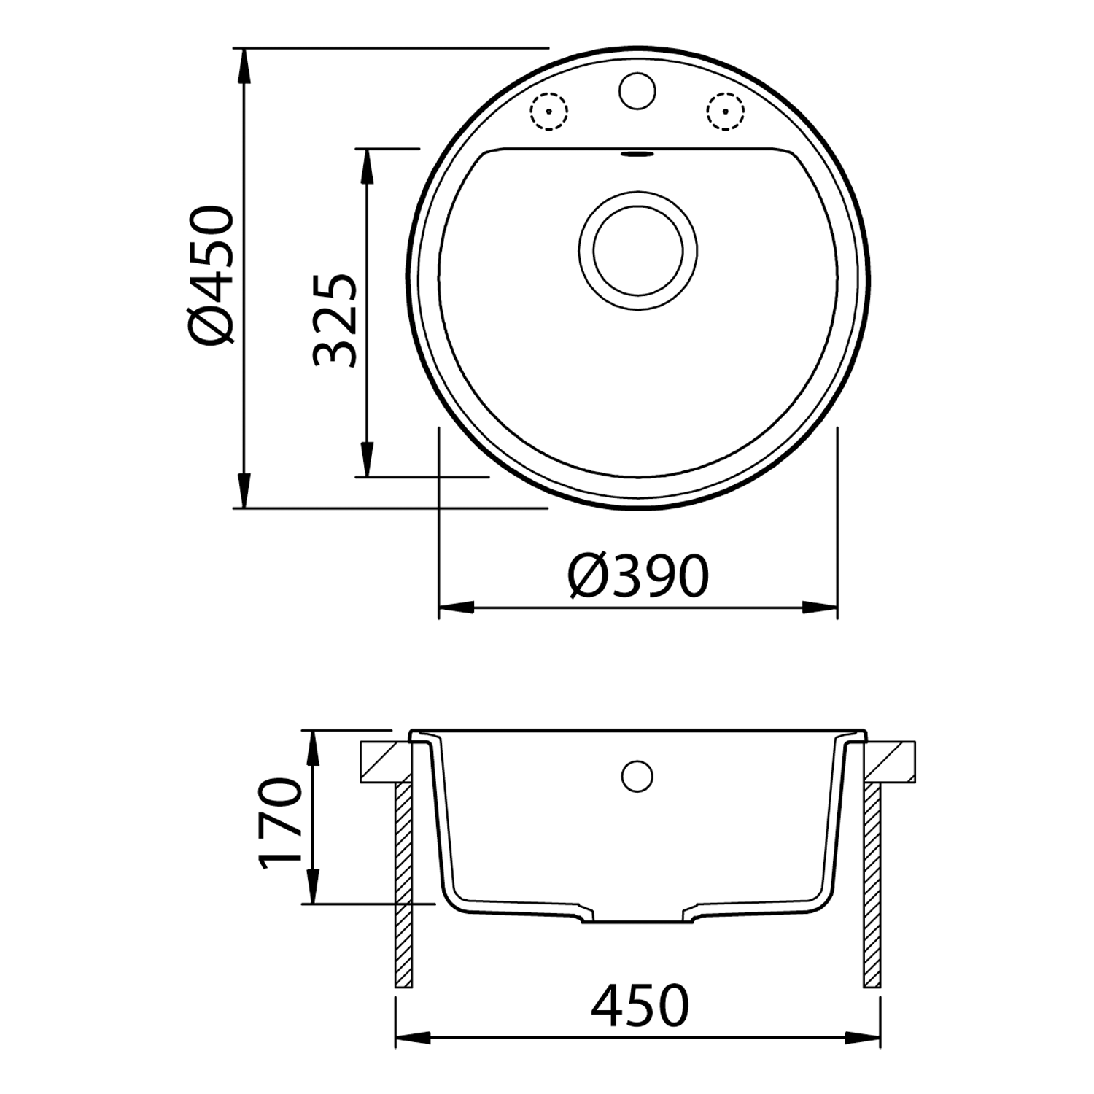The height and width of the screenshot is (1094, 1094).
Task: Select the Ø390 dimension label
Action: (x=638, y=576)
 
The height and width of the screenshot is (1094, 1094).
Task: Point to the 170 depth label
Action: (x=281, y=823)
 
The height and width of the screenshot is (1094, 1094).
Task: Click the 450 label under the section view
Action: (x=640, y=1006)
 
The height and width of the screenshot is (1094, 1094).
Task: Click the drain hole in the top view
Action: (x=638, y=249)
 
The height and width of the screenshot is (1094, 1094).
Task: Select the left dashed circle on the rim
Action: (x=548, y=112)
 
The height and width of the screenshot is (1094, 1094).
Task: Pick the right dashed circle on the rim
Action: (x=726, y=112)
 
